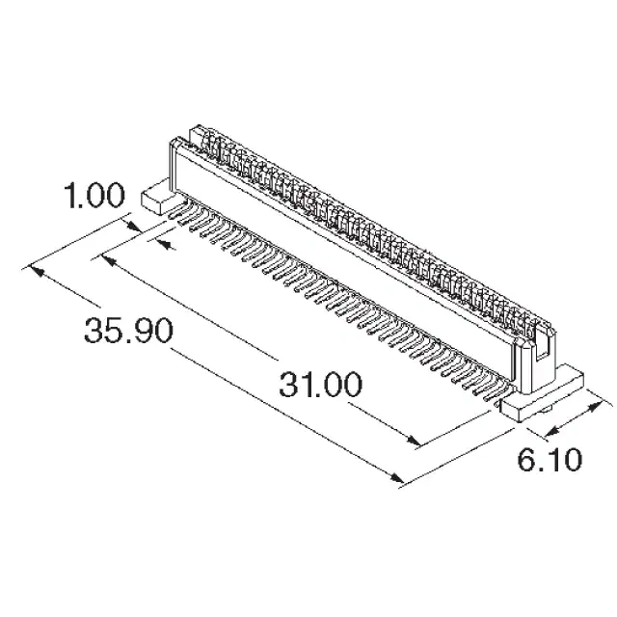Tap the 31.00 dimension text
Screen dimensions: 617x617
(320, 385)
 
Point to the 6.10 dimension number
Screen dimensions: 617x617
(550, 459)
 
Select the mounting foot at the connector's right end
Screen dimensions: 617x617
(541, 393)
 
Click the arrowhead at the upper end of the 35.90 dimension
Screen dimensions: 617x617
(37, 271)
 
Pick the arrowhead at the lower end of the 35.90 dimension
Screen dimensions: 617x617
(396, 477)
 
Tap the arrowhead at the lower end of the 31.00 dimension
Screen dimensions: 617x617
(414, 440)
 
